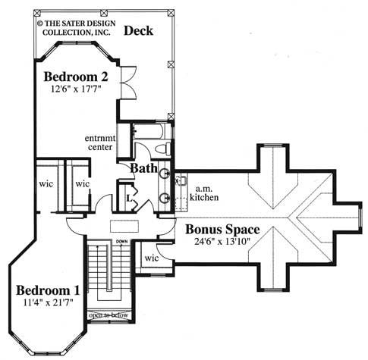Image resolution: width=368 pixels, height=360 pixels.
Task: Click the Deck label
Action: pyautogui.click(x=139, y=32)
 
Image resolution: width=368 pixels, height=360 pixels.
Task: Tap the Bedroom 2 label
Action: pyautogui.click(x=75, y=77)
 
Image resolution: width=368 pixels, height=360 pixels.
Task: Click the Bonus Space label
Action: pyautogui.click(x=225, y=229)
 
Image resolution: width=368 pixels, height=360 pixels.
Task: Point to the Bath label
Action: pyautogui.click(x=143, y=167)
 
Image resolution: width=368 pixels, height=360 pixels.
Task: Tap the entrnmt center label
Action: pyautogui.click(x=99, y=142)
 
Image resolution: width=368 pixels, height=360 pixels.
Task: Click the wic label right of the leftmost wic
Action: pyautogui.click(x=82, y=183)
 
